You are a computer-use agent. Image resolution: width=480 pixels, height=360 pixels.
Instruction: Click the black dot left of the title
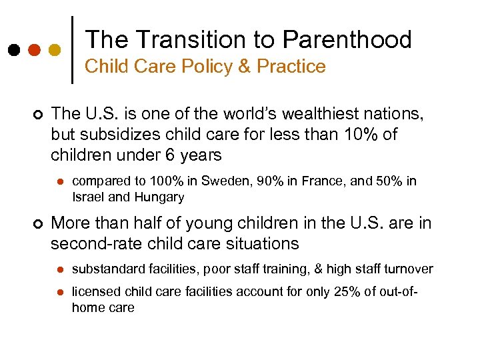pos(13,50)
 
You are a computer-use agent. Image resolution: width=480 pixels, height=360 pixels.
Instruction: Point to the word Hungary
pos(160,197)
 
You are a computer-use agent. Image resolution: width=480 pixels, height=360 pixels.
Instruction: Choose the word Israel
pos(86,197)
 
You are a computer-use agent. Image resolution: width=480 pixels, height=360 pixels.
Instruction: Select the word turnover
pos(409,269)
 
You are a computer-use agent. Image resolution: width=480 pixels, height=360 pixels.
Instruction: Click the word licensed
pos(93,293)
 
